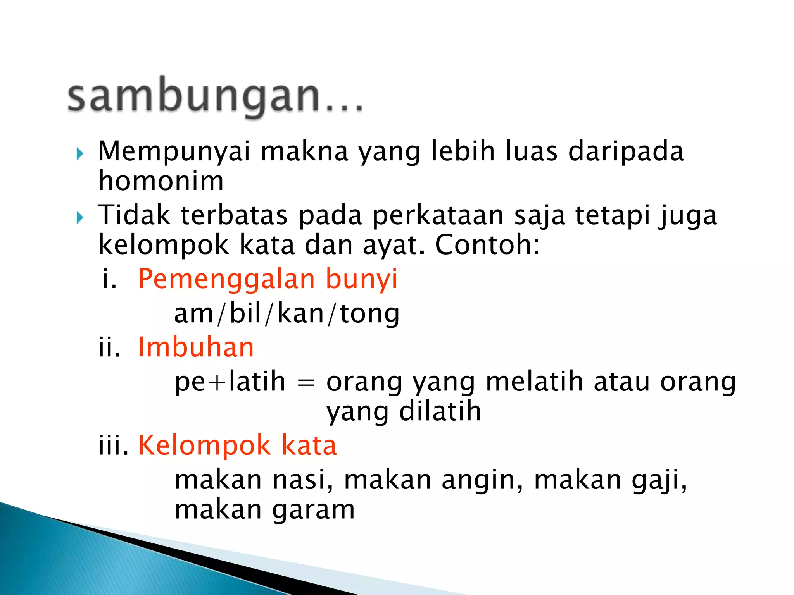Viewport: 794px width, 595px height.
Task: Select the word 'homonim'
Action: click(161, 181)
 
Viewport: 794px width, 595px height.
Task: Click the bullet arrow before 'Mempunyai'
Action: click(80, 154)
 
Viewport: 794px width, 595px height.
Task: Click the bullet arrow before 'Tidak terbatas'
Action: click(80, 218)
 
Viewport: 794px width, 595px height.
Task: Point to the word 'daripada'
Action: click(626, 151)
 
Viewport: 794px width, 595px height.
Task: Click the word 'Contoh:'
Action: click(487, 245)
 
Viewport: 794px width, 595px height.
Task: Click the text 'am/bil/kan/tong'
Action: click(287, 313)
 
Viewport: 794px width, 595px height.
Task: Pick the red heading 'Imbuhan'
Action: click(196, 347)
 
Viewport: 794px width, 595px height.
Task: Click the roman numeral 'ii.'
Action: click(109, 347)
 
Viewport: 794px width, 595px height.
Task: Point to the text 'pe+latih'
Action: click(230, 382)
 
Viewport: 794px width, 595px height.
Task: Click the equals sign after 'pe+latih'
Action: click(306, 383)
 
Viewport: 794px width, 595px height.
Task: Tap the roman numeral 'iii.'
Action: click(113, 445)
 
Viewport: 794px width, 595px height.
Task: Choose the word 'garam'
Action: click(313, 510)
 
